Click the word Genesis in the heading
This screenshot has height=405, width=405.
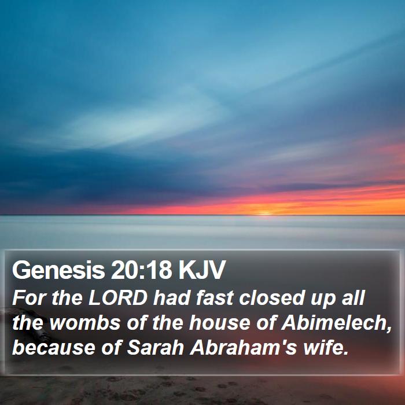click(58, 271)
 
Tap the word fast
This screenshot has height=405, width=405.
click(215, 298)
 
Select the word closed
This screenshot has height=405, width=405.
click(271, 298)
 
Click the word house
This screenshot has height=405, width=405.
click(219, 323)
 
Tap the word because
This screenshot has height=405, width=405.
click(54, 348)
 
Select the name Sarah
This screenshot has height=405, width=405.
click(155, 347)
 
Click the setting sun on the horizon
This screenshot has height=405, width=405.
click(264, 213)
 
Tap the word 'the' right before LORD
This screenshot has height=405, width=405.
click(67, 298)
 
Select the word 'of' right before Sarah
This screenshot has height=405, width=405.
click(111, 347)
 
